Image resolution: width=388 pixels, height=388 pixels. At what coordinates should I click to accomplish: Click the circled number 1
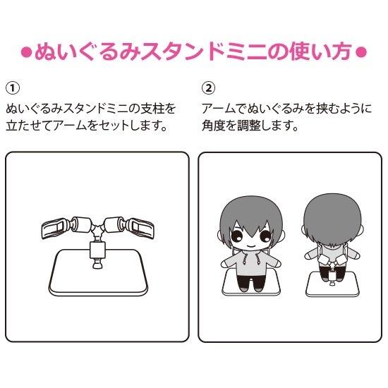pyautogui.click(x=13, y=88)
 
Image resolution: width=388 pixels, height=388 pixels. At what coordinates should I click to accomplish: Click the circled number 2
pyautogui.click(x=209, y=88)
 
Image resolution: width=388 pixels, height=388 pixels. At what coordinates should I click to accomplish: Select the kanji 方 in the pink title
pyautogui.click(x=341, y=51)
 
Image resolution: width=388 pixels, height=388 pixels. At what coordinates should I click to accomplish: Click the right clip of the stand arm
pyautogui.click(x=140, y=228)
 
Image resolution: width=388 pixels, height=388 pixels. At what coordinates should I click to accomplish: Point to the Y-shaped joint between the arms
pyautogui.click(x=98, y=229)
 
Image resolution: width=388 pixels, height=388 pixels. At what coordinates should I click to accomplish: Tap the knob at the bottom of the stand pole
pyautogui.click(x=97, y=264)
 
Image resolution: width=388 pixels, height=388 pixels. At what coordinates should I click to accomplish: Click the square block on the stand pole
pyautogui.click(x=97, y=250)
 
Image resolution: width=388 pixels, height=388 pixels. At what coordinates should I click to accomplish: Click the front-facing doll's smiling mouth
pyautogui.click(x=250, y=246)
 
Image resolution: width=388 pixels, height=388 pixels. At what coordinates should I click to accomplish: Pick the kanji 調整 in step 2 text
pyautogui.click(x=249, y=126)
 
